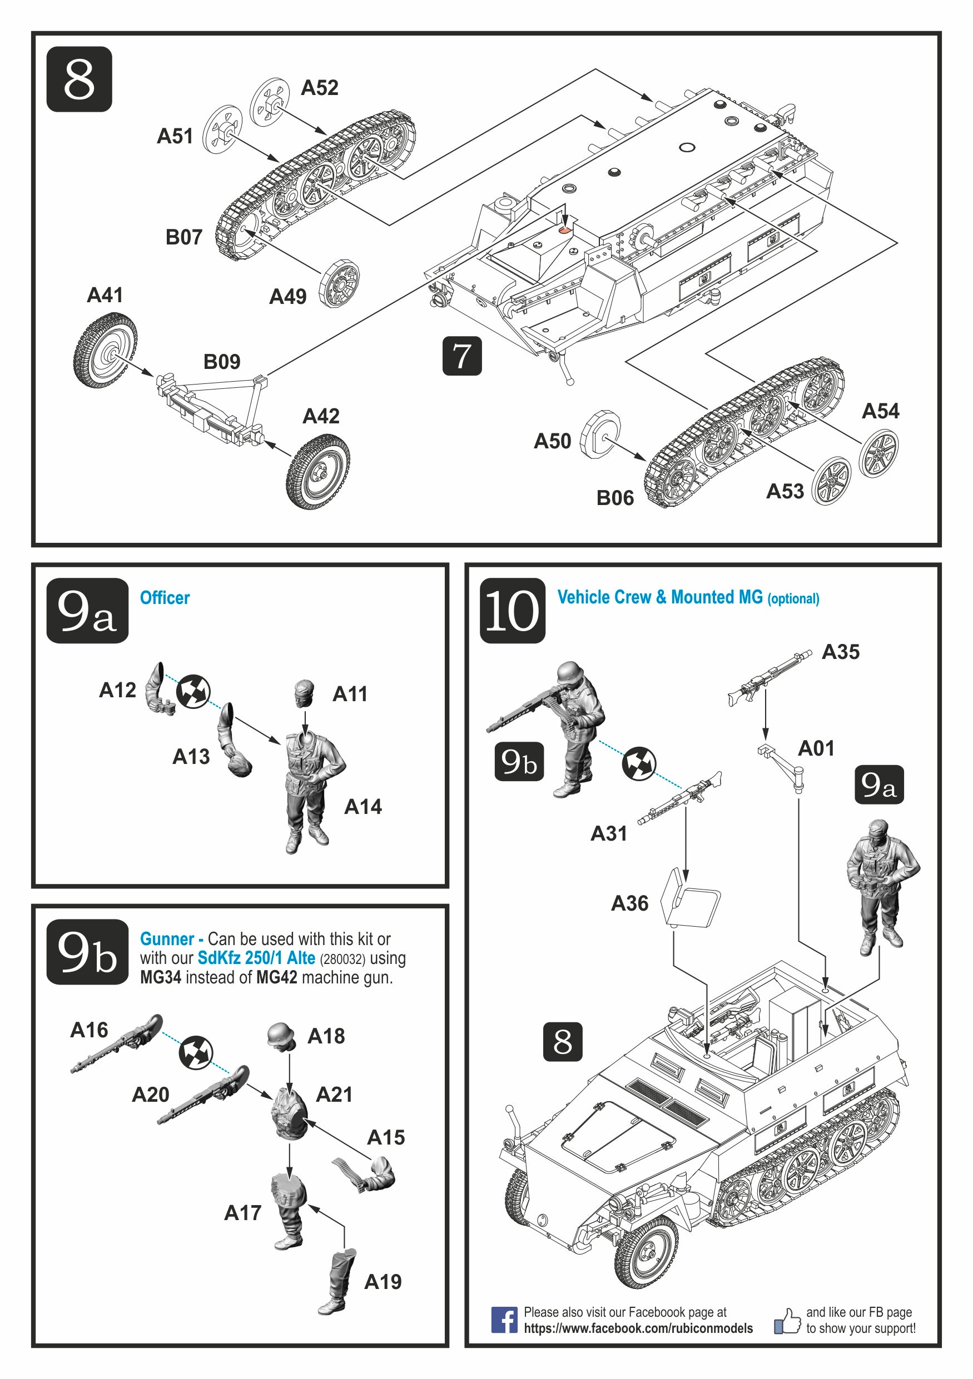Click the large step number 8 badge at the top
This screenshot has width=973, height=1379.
pos(79,79)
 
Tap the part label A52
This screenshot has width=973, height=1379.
pos(319,88)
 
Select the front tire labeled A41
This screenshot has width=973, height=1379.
pos(105,350)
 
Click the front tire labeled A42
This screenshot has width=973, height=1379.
pos(318,472)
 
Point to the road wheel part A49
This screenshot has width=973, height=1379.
pos(339,283)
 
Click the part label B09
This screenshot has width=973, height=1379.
pos(222,362)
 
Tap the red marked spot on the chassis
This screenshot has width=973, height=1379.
pos(564,229)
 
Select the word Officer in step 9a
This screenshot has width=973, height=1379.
pos(165,598)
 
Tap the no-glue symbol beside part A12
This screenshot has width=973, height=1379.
pos(193,691)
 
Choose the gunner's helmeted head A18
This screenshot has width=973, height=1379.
pos(281,1036)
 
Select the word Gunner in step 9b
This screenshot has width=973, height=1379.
pos(167,939)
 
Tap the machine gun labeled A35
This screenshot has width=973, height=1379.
pos(770,676)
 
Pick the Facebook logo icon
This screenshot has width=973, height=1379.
pos(504,1320)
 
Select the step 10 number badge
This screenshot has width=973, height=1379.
pos(512,610)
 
